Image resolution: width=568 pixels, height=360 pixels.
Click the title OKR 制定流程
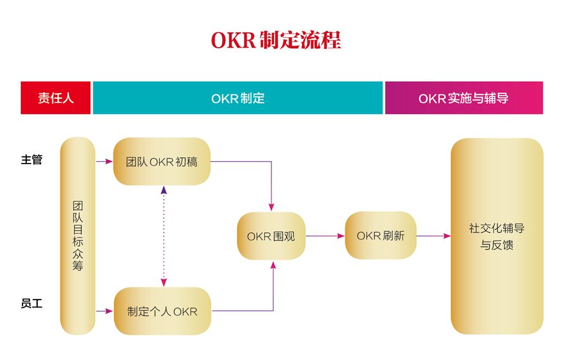click(276, 40)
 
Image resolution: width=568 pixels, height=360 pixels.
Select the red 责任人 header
click(56, 98)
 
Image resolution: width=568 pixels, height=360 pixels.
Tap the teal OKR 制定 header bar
click(237, 98)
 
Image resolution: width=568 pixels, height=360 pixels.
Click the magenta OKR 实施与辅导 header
click(464, 98)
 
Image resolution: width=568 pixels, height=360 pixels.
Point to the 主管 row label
click(32, 160)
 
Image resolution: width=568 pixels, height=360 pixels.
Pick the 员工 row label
click(32, 303)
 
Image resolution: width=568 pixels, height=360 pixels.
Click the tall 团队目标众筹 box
click(77, 236)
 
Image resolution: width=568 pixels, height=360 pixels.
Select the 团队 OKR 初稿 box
click(162, 162)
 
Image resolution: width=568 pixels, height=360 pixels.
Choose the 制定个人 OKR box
click(162, 311)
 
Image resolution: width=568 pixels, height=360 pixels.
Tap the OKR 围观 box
click(271, 236)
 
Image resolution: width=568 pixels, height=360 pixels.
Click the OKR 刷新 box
click(381, 236)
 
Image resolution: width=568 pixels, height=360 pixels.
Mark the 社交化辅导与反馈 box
click(497, 236)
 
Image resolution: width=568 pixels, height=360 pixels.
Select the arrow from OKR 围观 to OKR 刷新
click(325, 236)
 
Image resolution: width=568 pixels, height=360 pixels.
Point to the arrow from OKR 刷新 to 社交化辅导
click(434, 236)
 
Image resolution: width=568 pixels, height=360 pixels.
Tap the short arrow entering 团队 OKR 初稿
click(105, 162)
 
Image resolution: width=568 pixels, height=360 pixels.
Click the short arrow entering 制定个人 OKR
click(105, 311)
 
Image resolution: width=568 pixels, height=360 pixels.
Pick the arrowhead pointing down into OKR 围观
click(272, 206)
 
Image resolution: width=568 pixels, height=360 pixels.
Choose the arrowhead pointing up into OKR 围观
click(273, 265)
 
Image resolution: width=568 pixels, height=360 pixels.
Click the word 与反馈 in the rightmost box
click(497, 245)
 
